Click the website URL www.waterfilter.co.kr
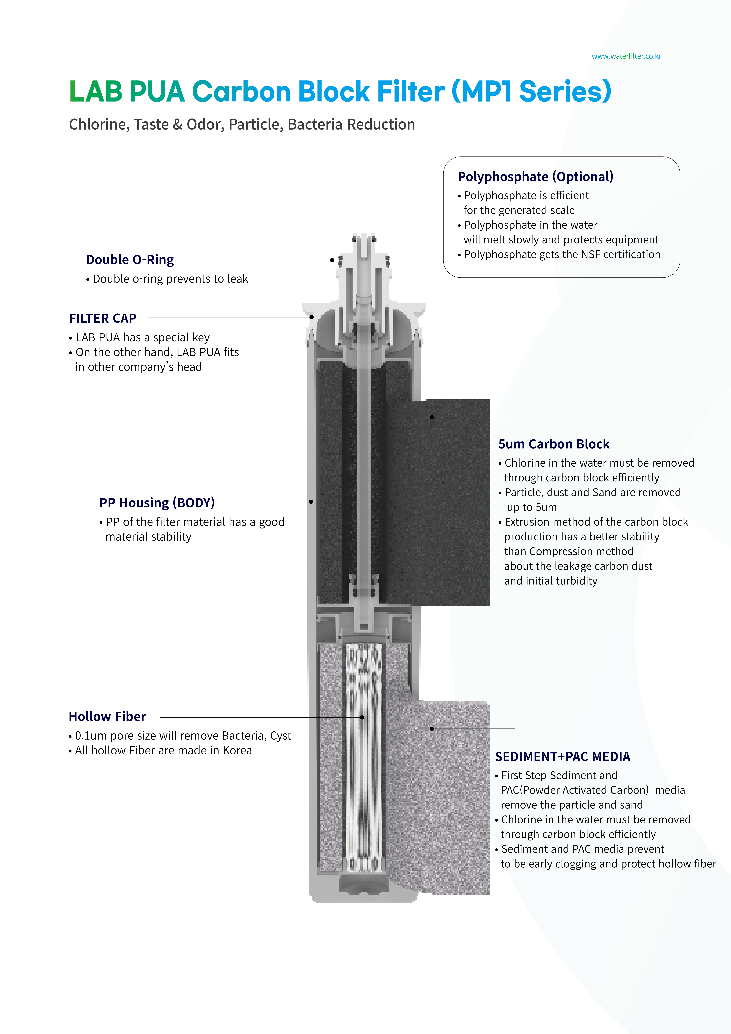pos(626,56)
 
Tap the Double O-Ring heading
pos(130,260)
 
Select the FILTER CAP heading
pos(103,318)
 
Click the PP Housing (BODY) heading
pos(157,503)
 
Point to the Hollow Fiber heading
pos(107,717)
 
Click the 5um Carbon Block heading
pos(554,444)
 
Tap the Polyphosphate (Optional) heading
pos(535,177)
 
